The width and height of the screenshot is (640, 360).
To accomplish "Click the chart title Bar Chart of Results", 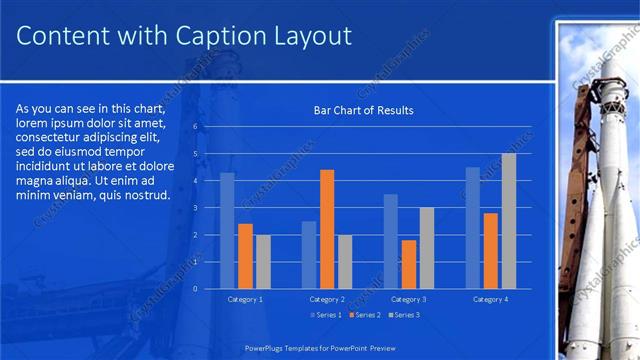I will [363, 110].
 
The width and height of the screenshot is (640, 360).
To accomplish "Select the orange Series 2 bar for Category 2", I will [327, 229].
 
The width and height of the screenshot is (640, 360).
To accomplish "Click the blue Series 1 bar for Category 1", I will [227, 231].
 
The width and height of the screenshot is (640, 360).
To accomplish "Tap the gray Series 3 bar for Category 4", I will [509, 221].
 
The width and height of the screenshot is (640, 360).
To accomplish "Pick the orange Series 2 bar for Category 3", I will [409, 264].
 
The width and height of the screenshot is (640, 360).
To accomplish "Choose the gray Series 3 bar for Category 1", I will [263, 262].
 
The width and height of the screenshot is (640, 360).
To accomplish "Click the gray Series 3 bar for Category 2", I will [345, 262].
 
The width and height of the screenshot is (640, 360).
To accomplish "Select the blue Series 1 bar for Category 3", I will [391, 241].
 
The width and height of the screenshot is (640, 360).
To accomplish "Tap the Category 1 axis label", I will [245, 299].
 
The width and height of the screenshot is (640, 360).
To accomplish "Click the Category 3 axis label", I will [408, 299].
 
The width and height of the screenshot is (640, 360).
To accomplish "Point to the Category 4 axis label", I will [490, 299].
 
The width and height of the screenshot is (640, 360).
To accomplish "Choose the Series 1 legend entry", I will [326, 315].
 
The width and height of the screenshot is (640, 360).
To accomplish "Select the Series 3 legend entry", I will [403, 315].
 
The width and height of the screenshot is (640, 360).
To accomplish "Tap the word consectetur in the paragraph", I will [50, 136].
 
